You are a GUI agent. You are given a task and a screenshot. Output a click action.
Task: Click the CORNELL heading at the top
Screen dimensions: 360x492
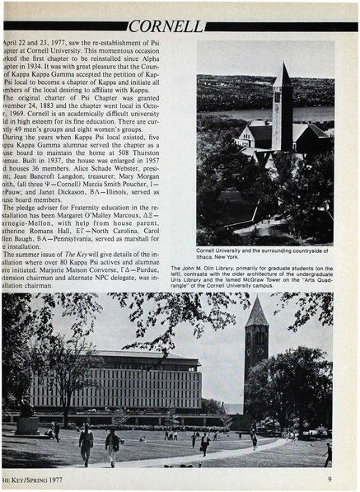tap(166, 26)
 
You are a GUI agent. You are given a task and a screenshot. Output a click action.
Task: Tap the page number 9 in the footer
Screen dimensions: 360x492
tap(329, 477)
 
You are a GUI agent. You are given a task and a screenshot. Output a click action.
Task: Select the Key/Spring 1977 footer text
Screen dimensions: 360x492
tap(32, 477)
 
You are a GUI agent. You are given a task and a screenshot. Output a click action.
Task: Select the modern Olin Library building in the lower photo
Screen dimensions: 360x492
tap(140, 379)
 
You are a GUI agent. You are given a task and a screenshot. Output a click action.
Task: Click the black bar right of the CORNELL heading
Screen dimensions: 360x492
tap(281, 26)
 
